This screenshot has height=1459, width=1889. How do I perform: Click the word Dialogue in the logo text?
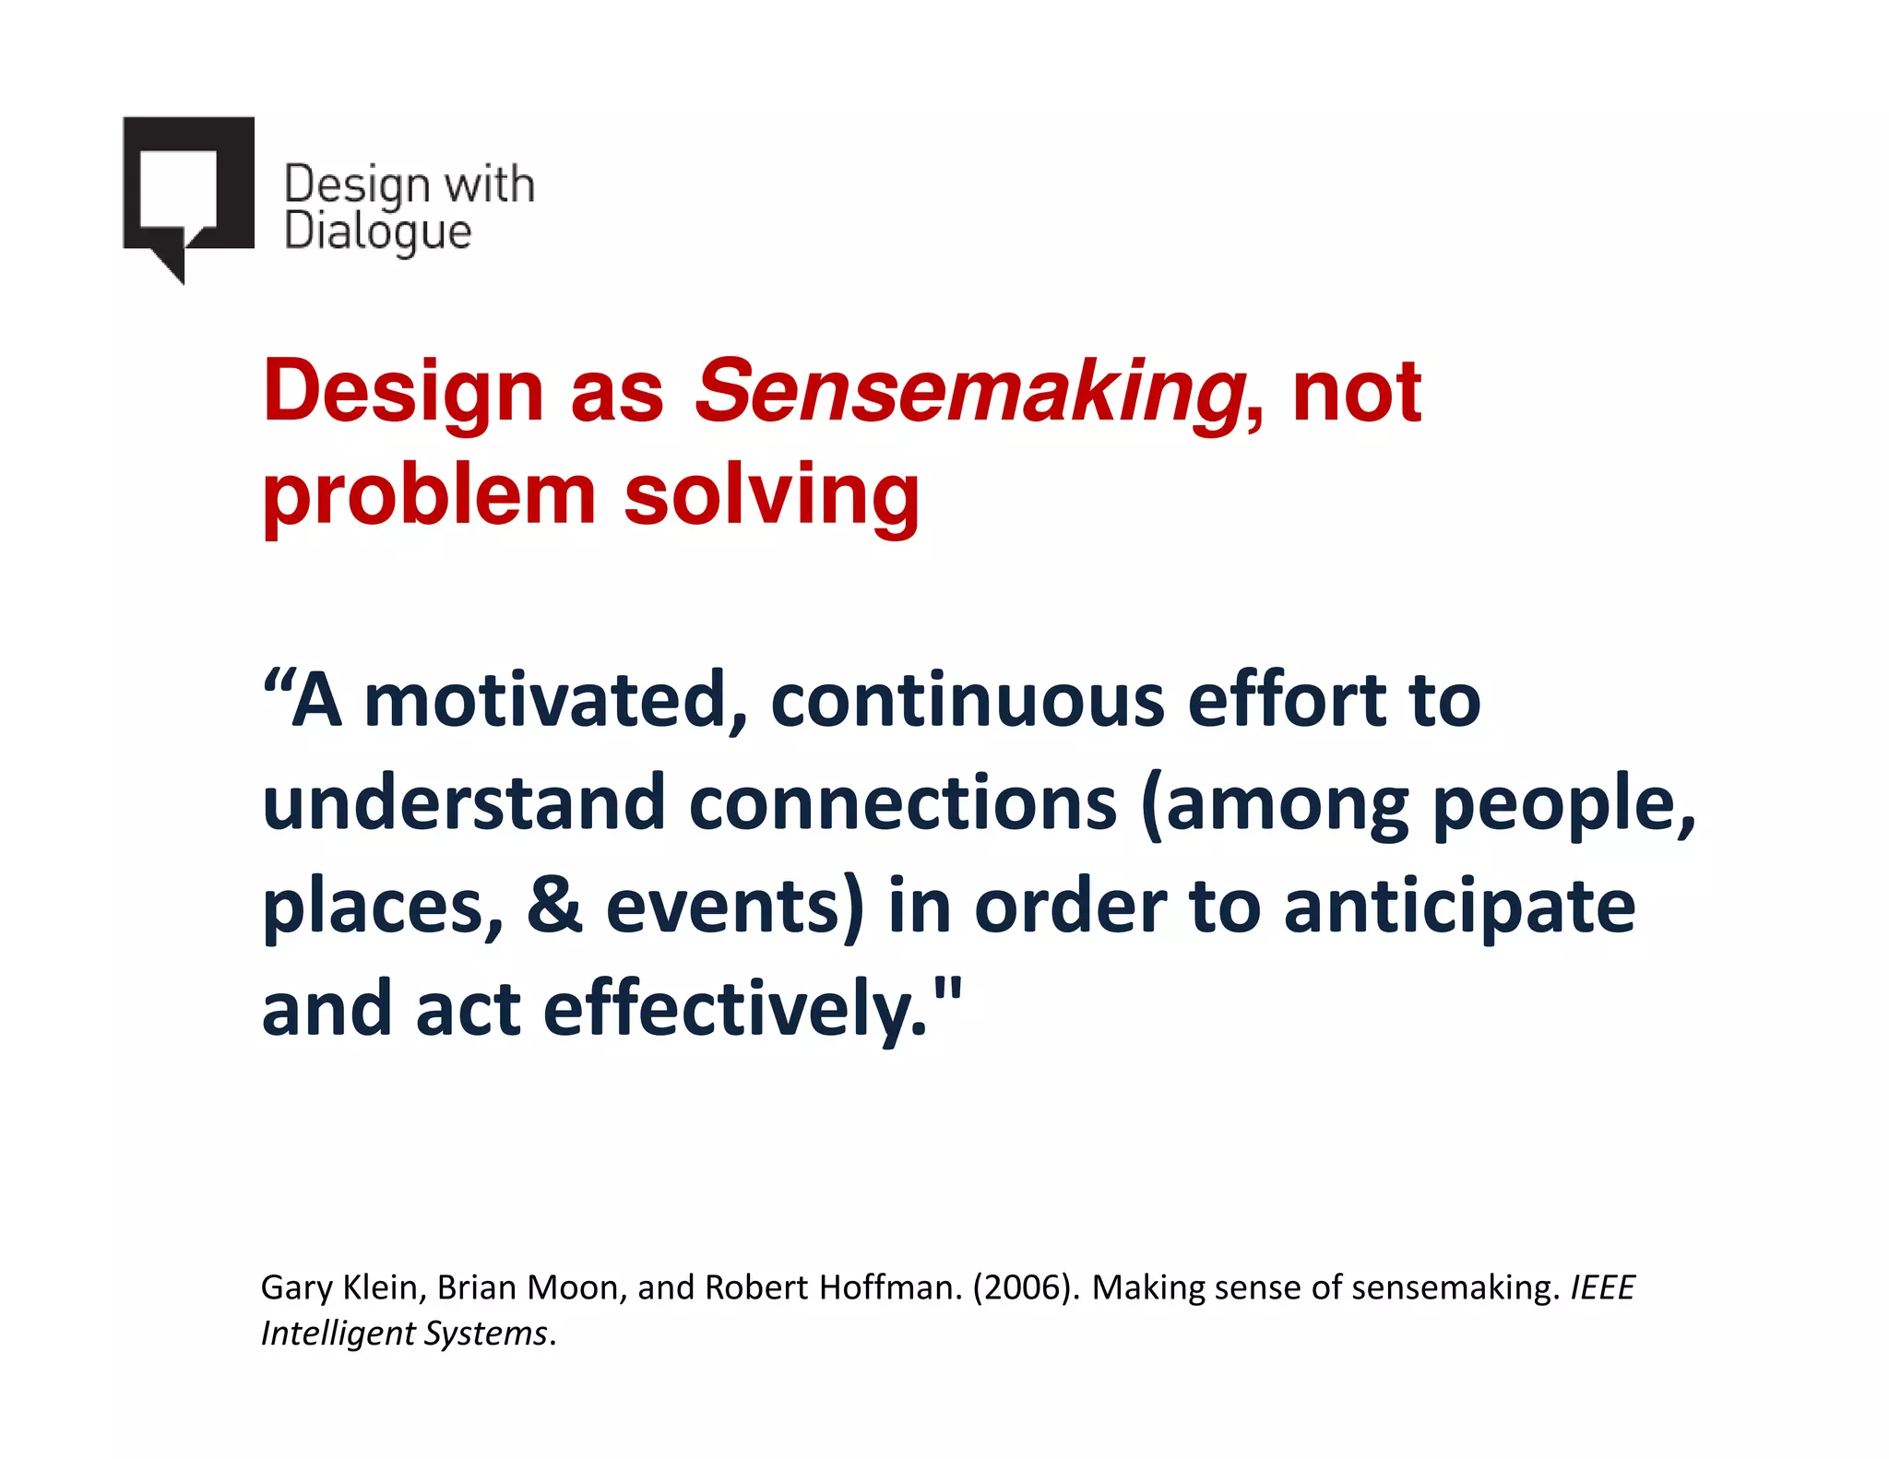[377, 231]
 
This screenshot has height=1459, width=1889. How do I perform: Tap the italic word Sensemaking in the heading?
[968, 392]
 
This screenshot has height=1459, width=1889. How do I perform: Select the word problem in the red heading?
[429, 495]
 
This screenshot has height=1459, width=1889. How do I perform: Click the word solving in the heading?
[771, 495]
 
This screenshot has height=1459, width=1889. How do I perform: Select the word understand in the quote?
[463, 802]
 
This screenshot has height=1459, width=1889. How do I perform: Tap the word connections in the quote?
[903, 802]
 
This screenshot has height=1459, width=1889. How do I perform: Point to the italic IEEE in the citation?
[1603, 1287]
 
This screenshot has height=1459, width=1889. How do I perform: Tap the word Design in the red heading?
[403, 392]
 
